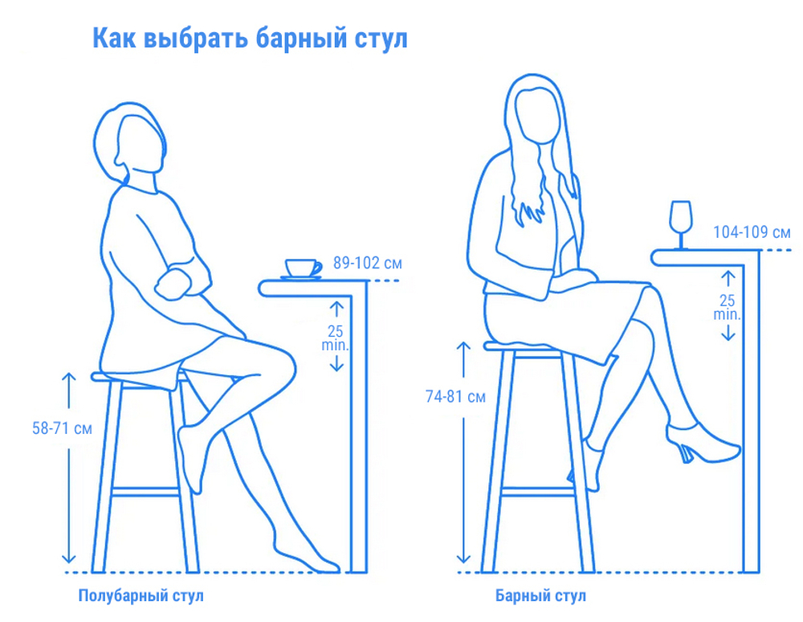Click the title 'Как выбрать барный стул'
click(x=250, y=38)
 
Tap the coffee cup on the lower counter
click(x=301, y=268)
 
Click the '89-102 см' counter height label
click(x=367, y=263)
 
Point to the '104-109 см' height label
click(x=752, y=232)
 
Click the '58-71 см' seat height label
click(x=62, y=428)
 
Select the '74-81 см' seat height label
click(x=455, y=396)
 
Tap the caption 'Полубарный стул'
click(x=141, y=596)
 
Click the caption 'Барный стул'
click(x=540, y=596)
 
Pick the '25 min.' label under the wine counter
click(x=727, y=308)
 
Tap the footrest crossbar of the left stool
click(x=145, y=490)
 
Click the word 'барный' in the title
click(x=309, y=38)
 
